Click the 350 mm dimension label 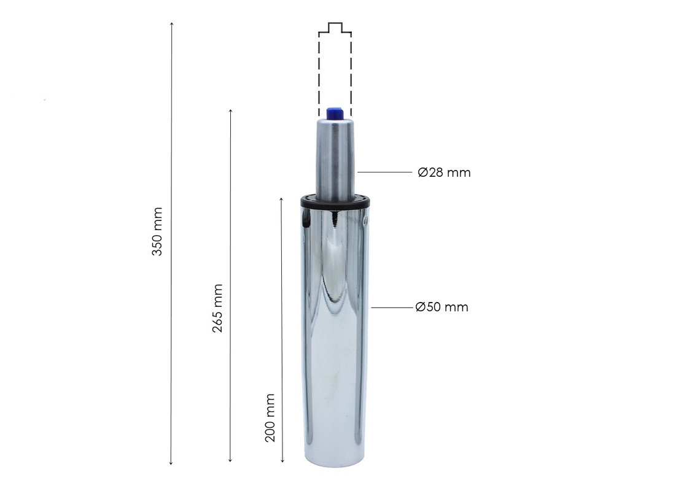coord(157,231)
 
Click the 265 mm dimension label coord(217,308)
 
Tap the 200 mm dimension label coord(270,418)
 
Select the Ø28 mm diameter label coord(444,172)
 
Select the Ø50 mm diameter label coord(442,306)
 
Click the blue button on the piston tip coord(335,113)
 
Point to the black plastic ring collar coord(336,201)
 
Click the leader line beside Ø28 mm coord(385,172)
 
